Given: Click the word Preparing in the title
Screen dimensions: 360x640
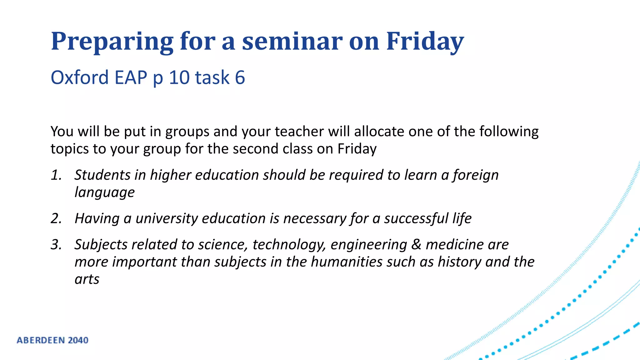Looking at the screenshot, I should pos(112,41).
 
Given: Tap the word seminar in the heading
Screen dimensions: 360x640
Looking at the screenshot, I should pos(292,41).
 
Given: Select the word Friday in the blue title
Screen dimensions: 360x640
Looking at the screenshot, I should pos(425,41).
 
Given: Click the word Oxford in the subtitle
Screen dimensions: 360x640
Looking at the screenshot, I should pos(79,77).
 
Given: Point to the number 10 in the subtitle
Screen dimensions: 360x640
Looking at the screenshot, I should pos(179,77).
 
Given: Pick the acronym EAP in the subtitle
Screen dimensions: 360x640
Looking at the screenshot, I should pos(131,77).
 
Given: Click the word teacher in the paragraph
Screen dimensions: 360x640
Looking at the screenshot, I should pos(299,132).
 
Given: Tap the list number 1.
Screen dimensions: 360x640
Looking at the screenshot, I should pos(56,175).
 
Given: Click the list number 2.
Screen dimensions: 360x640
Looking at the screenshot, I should pos(56,218).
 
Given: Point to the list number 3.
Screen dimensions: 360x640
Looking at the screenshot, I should pos(56,244).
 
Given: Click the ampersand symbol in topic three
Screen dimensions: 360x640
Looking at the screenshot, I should pos(416,244).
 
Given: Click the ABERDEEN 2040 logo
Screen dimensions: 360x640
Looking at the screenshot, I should pos(52,340).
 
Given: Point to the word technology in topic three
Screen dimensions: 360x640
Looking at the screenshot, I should pos(289,244).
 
